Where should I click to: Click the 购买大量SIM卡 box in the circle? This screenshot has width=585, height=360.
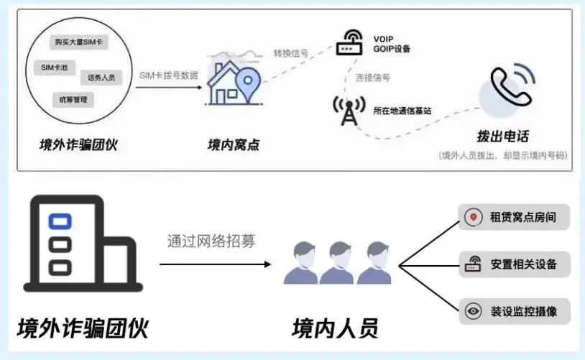tap(79, 42)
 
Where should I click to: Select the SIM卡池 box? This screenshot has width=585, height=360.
tap(56, 68)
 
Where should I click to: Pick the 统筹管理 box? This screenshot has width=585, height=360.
tap(73, 100)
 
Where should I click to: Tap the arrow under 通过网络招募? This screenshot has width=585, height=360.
tap(216, 264)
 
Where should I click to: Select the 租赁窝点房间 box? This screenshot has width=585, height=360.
tap(513, 216)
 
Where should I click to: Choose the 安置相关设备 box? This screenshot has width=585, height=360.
tap(513, 264)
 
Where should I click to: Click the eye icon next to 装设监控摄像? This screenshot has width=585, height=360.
tap(472, 312)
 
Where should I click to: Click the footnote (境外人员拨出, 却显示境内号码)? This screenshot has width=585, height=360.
tap(502, 155)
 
